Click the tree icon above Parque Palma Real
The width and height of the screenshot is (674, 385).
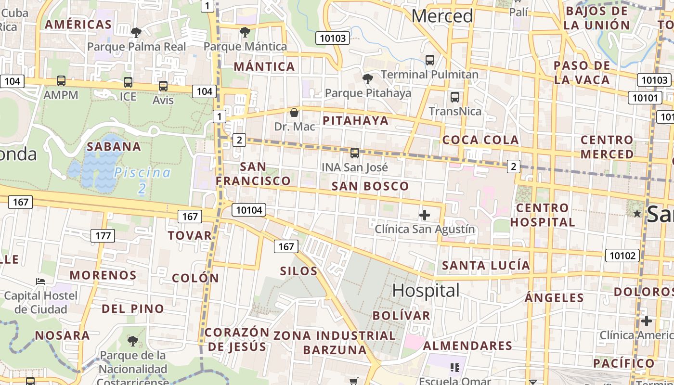[x=136, y=33]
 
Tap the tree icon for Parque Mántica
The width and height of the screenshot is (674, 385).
[x=245, y=32]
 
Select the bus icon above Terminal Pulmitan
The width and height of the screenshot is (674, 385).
[x=430, y=60]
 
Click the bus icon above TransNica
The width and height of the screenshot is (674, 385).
[x=454, y=97]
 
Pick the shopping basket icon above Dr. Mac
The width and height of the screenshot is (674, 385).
[x=294, y=113]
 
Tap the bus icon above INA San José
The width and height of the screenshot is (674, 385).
[x=355, y=153]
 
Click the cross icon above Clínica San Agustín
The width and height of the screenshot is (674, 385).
[x=425, y=215]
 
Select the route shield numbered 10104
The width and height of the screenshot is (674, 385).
[x=249, y=210]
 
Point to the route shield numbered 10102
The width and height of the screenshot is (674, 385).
[x=622, y=255]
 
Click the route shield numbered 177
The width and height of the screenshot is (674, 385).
[x=103, y=236]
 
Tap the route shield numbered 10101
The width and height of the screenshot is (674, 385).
[x=645, y=98]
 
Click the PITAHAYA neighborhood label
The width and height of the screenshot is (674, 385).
[x=356, y=120]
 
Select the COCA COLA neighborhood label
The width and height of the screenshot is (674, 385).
[x=480, y=140]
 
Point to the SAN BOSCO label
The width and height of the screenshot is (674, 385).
[x=370, y=186]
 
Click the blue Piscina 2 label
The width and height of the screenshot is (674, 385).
[x=143, y=180]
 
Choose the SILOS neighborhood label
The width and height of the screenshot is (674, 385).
[x=299, y=271]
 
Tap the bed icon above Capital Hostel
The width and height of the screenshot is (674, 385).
[x=40, y=281]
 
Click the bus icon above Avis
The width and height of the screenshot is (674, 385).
[x=163, y=86]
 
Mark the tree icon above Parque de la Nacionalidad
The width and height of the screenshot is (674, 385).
[x=133, y=341]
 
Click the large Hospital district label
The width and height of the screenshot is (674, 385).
[x=426, y=291]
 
